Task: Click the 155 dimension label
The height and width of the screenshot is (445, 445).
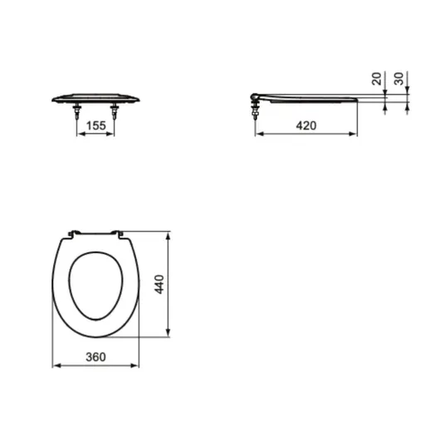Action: pyautogui.click(x=96, y=125)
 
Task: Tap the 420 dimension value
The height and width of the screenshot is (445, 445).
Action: pyautogui.click(x=306, y=125)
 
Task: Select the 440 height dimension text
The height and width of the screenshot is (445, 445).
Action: pyautogui.click(x=159, y=284)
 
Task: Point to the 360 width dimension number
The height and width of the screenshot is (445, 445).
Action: pyautogui.click(x=95, y=357)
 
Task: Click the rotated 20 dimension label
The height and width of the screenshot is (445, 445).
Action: pyautogui.click(x=377, y=79)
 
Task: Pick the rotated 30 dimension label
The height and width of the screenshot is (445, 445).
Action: pyautogui.click(x=399, y=79)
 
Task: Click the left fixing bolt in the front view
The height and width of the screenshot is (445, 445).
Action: pyautogui.click(x=76, y=111)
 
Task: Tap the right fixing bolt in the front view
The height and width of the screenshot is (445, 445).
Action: pyautogui.click(x=114, y=111)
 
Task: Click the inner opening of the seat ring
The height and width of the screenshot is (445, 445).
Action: pyautogui.click(x=95, y=286)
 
